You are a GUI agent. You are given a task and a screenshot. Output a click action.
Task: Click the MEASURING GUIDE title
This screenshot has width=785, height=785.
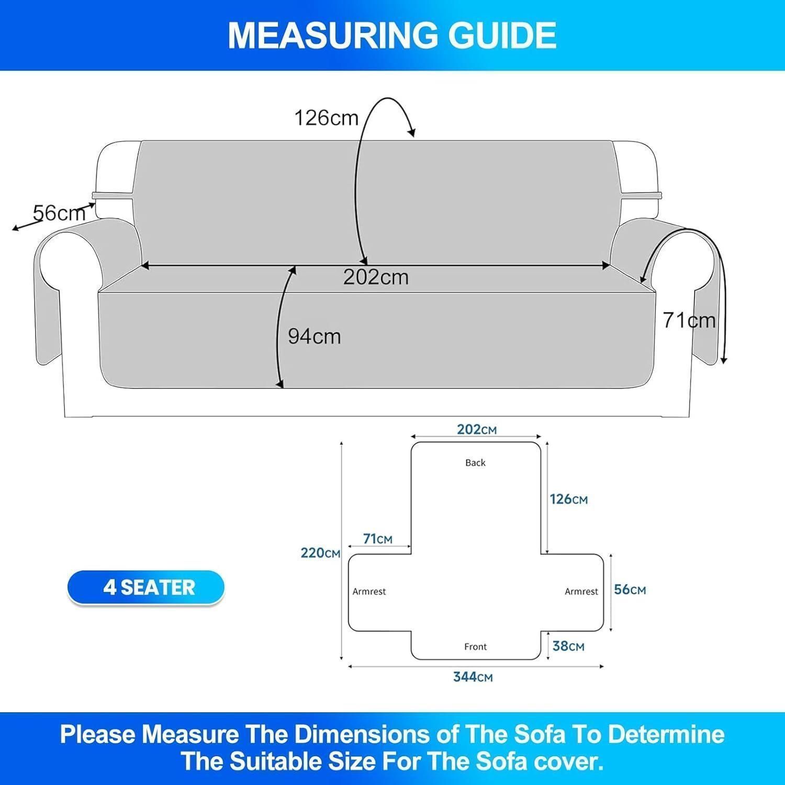click(392, 35)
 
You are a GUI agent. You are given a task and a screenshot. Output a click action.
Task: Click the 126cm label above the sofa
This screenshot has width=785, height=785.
click(326, 118)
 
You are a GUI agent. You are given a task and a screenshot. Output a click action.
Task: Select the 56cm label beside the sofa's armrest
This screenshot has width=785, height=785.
click(59, 213)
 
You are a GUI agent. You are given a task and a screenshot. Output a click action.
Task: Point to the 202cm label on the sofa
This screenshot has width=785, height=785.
click(376, 277)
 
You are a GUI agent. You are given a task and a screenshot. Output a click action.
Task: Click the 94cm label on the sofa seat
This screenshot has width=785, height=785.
click(314, 337)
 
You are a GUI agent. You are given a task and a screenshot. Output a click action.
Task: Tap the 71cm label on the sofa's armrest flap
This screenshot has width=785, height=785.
click(689, 320)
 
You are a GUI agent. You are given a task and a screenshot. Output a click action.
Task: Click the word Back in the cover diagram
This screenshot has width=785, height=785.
click(475, 463)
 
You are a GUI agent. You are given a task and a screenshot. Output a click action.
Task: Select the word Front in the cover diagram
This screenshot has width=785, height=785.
click(475, 647)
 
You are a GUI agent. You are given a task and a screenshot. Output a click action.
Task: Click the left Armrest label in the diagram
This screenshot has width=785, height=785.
click(369, 591)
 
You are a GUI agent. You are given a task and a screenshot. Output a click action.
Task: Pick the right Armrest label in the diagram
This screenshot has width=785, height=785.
click(581, 591)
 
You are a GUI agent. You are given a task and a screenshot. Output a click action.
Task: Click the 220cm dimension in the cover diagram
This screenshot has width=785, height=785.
click(320, 553)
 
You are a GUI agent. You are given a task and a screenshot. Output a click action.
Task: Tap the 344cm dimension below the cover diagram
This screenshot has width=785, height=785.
click(473, 677)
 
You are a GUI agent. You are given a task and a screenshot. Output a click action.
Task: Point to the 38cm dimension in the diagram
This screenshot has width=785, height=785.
click(568, 646)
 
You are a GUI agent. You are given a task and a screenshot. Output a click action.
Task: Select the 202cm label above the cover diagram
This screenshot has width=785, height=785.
click(477, 429)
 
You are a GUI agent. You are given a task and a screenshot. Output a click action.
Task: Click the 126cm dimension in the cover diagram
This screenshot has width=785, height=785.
click(569, 499)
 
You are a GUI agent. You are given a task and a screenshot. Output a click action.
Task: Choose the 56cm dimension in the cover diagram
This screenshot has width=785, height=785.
click(630, 589)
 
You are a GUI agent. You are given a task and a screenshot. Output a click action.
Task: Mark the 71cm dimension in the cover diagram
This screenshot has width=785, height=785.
click(378, 539)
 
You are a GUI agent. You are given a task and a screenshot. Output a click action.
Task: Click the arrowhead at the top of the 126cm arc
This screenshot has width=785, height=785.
click(411, 132)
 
